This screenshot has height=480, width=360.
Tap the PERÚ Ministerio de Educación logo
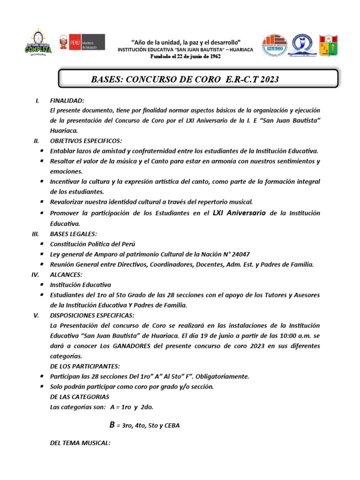tap(81, 43)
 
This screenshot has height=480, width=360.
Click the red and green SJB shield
tap(328, 45)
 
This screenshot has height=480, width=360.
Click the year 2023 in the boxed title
tap(269, 79)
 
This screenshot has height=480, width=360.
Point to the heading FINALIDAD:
tap(67, 101)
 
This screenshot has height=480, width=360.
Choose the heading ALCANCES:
tap(66, 275)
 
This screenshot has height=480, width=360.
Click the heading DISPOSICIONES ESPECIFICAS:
tap(92, 315)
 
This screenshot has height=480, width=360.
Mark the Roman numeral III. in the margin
tap(35, 234)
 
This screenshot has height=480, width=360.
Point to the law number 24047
tap(240, 254)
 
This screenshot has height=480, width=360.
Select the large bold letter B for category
tap(112, 425)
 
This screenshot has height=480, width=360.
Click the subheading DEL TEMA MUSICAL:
tap(80, 442)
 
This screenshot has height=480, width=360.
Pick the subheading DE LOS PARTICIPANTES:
tap(85, 366)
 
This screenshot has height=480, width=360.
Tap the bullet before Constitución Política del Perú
tap(42, 244)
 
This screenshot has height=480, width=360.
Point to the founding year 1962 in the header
tap(213, 56)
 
